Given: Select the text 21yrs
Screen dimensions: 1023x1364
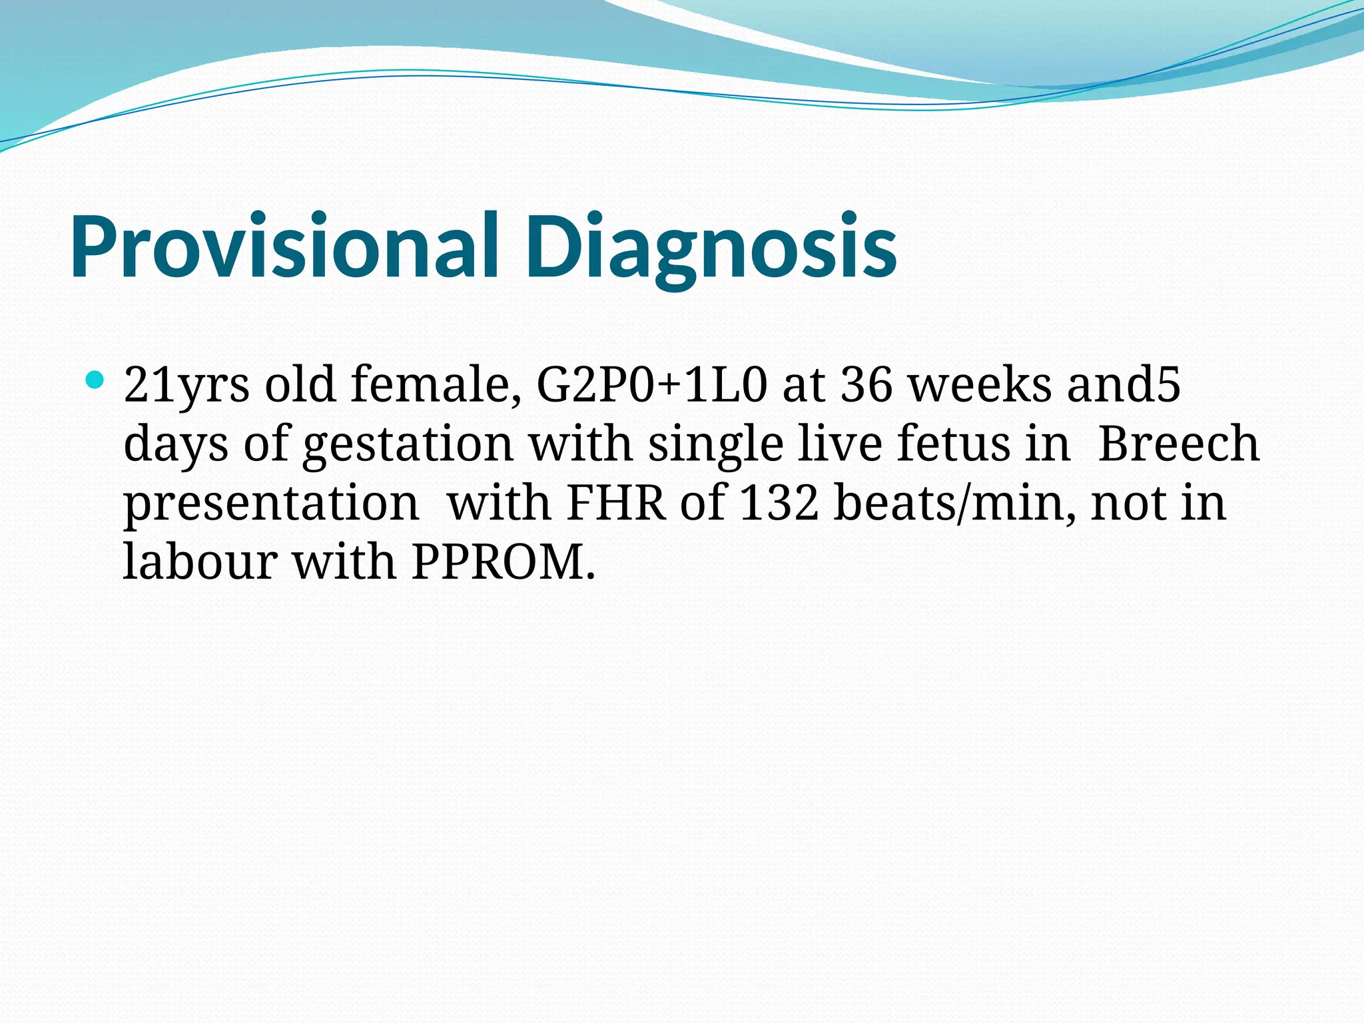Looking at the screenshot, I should tap(187, 386).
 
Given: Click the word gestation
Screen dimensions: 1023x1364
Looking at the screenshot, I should tap(408, 445).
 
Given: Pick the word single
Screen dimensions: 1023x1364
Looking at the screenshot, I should tap(715, 445).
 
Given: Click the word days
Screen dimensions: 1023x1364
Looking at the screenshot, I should tap(176, 445).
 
